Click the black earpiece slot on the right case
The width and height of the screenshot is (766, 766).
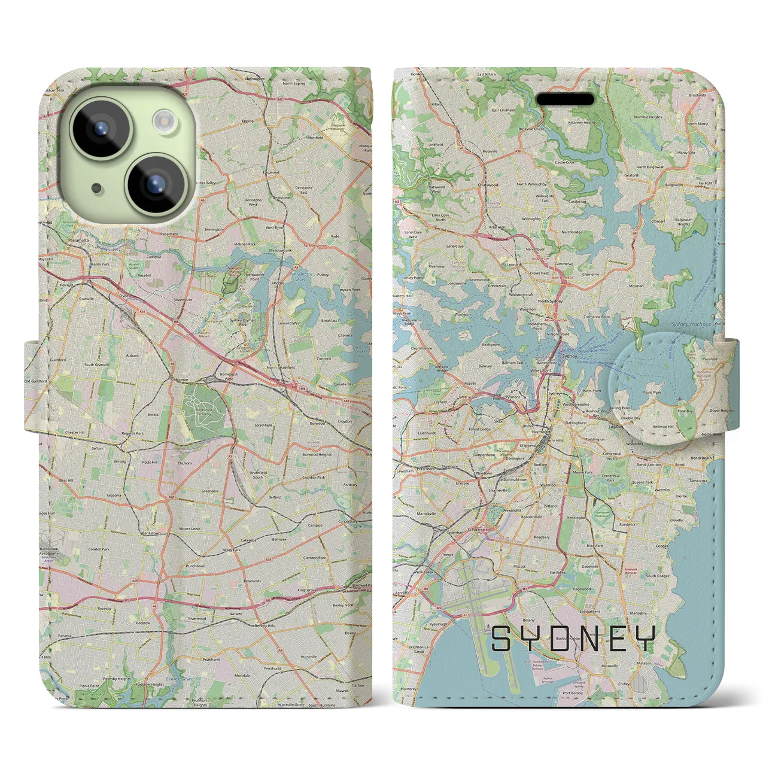coord(564,99)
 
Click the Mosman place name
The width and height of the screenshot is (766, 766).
coord(637,286)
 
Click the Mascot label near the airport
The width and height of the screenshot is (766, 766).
coord(519,566)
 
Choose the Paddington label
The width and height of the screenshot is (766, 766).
coord(595,439)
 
